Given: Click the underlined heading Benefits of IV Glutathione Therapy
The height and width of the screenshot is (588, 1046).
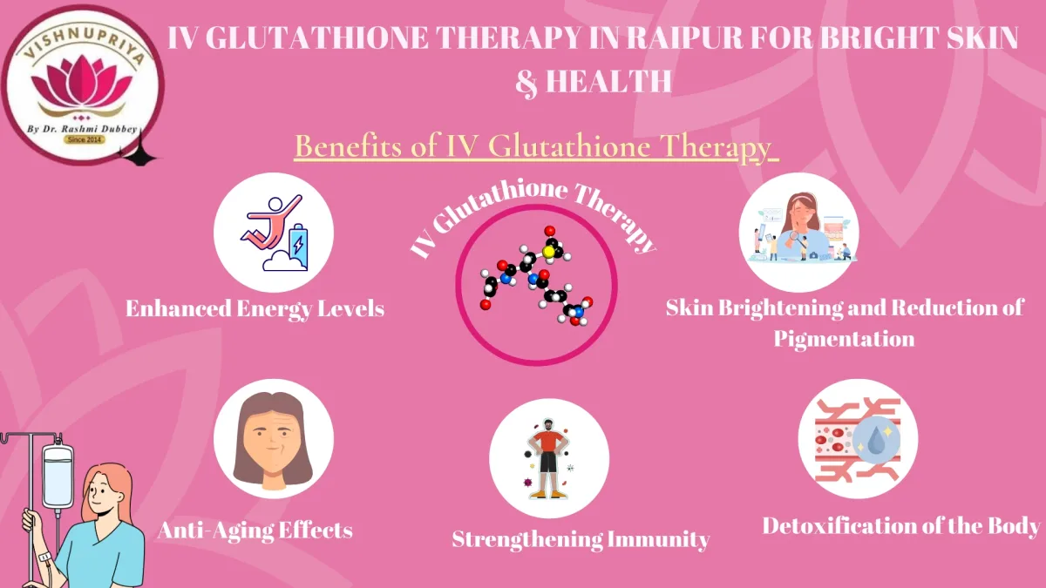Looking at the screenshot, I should tap(533, 146).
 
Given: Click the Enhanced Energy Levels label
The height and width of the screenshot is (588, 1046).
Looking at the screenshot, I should tap(255, 308).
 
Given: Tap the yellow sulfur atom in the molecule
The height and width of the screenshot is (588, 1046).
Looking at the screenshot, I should tap(548, 251).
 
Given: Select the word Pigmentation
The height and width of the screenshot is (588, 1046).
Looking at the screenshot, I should tap(844, 338).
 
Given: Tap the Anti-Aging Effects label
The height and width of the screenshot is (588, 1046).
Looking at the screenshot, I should tap(255, 530).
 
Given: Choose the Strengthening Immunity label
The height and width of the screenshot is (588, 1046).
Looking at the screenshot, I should tap(580, 539).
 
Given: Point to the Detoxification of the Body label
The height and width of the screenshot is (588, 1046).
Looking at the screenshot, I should tap(901, 525).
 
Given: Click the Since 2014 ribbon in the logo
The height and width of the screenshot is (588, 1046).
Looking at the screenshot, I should tap(85, 139).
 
